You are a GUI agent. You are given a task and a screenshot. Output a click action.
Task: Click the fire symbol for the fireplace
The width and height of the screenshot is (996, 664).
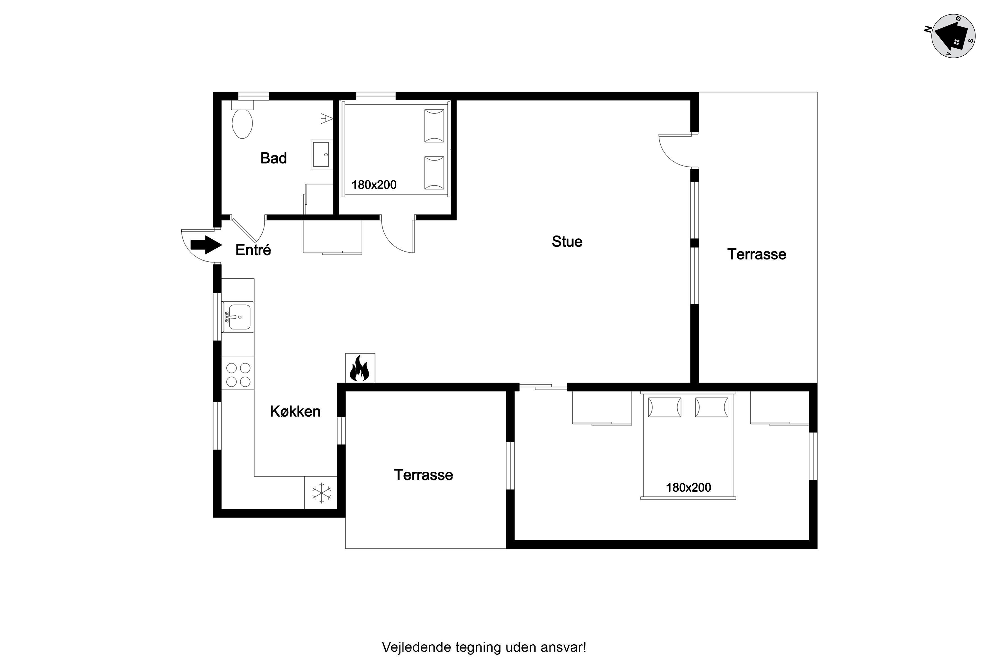(x=360, y=368)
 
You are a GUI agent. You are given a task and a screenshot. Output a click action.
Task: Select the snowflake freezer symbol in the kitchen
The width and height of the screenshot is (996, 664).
(x=321, y=493)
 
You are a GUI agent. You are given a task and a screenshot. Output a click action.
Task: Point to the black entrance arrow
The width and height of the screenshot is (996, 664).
(x=206, y=245)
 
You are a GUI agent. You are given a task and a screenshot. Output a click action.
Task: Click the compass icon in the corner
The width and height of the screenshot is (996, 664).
(x=953, y=36)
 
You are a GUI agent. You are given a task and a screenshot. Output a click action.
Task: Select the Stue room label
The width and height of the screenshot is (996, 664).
(x=567, y=241)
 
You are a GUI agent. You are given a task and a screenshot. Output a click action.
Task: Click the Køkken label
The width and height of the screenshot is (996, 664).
(x=295, y=411)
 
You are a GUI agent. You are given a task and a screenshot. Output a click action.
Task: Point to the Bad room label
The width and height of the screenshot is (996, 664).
(x=274, y=158)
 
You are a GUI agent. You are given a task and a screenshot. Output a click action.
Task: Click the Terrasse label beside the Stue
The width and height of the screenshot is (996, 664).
(x=757, y=254)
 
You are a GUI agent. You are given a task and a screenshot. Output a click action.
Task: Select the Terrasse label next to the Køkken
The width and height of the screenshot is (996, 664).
(x=423, y=475)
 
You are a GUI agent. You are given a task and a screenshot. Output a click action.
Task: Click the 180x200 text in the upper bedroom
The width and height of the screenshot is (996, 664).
(x=374, y=185)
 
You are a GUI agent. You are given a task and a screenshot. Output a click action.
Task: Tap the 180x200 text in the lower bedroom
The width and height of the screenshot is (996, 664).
(x=688, y=487)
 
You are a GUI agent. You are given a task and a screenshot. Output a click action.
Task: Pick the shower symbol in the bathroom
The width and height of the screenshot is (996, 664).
(x=326, y=118)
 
